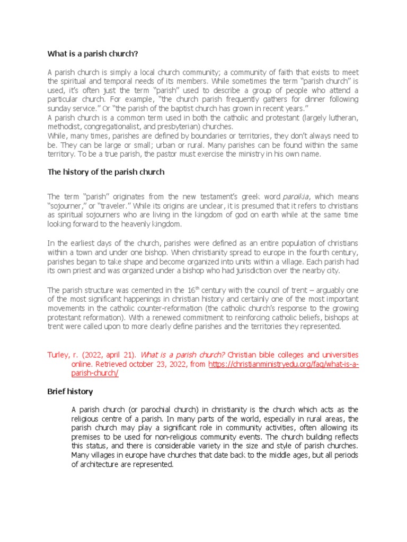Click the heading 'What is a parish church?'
click(x=93, y=53)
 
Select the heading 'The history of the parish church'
click(x=106, y=172)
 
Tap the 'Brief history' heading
click(x=70, y=392)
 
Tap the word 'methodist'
click(x=64, y=127)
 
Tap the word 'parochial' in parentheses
click(x=140, y=410)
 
